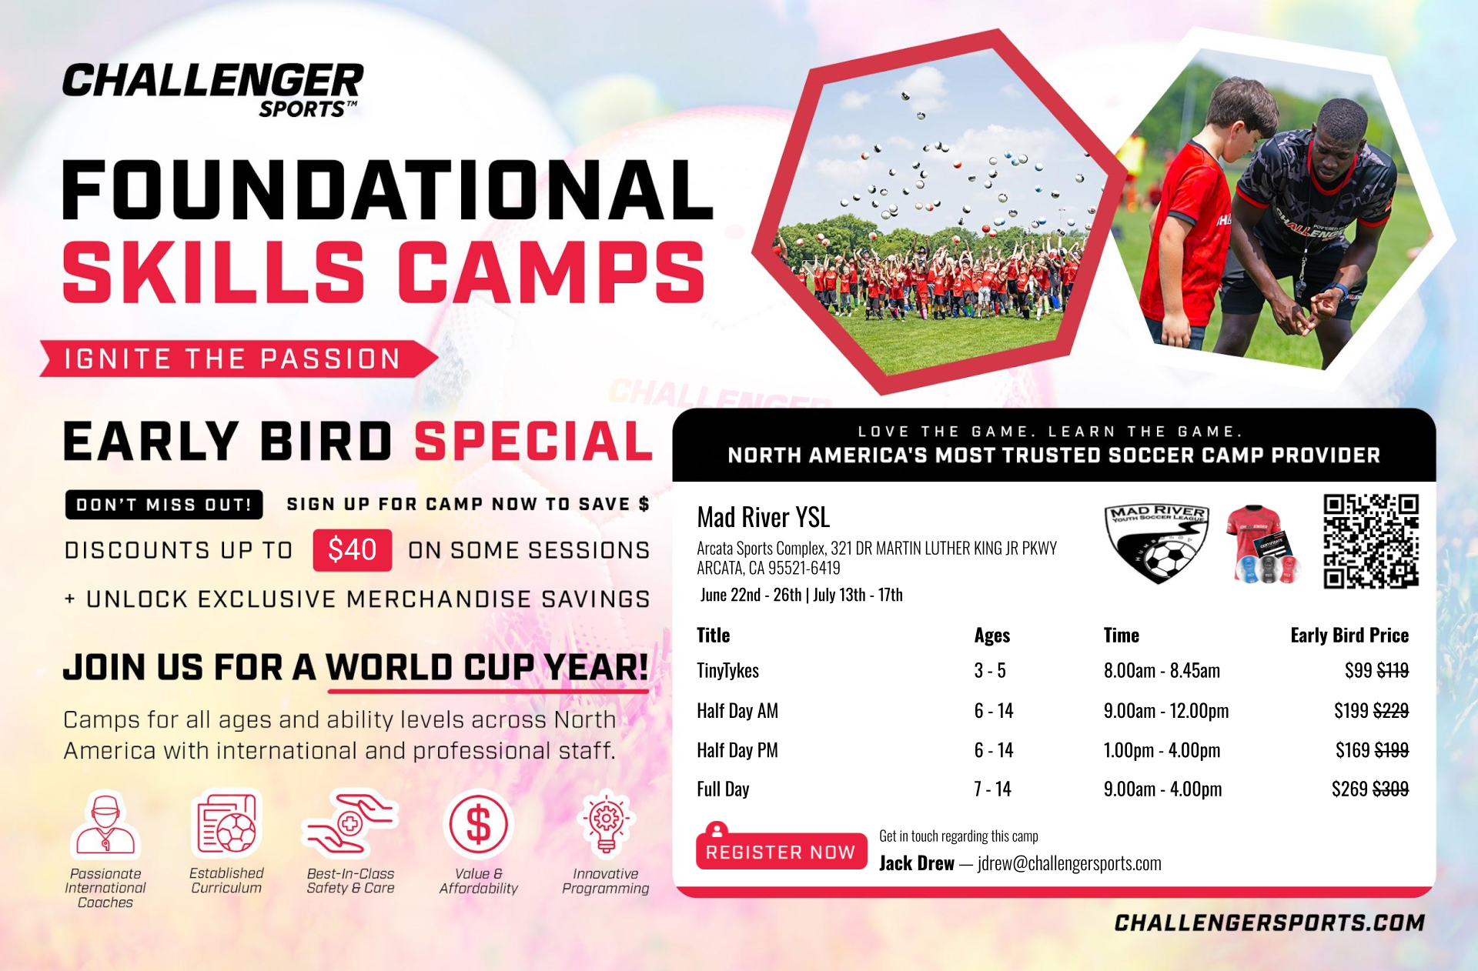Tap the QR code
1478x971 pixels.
coord(1371,542)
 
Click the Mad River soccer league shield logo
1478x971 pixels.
coord(1157,543)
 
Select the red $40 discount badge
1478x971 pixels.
coord(352,550)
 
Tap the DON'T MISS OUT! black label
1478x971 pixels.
coord(164,505)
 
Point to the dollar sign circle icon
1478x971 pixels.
coord(478,825)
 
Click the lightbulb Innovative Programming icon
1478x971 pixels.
coord(606,825)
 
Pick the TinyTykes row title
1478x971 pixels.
coord(727,671)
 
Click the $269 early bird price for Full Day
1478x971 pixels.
coord(1349,789)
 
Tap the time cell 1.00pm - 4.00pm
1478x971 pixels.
coord(1162,750)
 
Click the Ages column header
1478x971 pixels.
coord(991,636)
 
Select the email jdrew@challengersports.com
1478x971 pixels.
coord(1069,863)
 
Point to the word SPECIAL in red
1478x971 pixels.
coord(533,442)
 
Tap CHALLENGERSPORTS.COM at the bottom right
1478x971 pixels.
coord(1269,923)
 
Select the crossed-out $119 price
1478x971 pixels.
coord(1393,671)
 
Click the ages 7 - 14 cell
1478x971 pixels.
coord(992,789)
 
